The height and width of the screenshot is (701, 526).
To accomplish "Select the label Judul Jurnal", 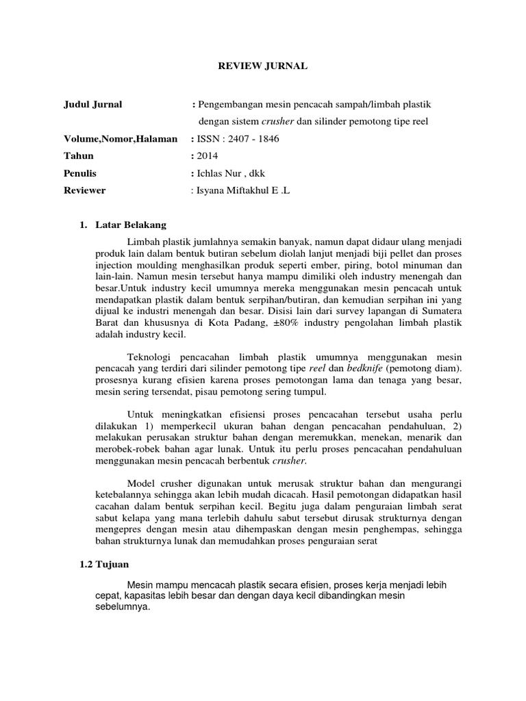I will click(93, 104).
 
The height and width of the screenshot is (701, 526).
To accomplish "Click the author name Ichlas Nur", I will click(221, 174).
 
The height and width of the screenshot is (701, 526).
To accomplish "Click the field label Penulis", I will click(79, 174).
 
